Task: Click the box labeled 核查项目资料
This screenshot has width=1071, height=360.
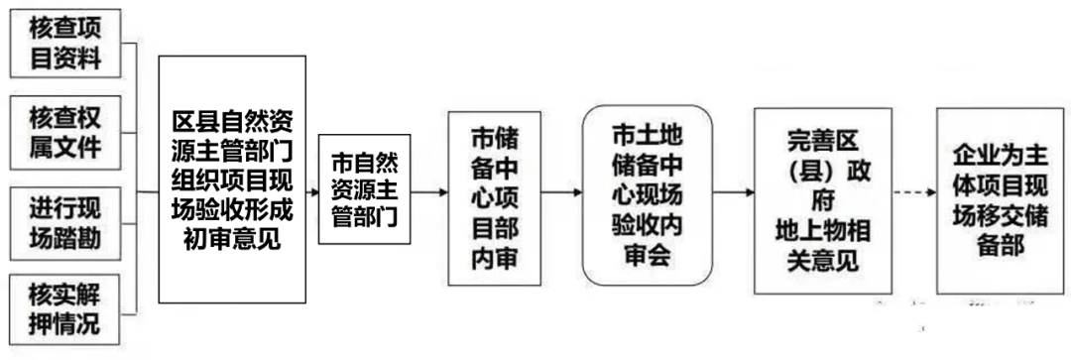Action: [x=65, y=44]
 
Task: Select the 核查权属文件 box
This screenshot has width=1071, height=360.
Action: [x=65, y=131]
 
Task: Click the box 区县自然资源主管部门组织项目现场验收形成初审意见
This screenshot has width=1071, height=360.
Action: [x=231, y=180]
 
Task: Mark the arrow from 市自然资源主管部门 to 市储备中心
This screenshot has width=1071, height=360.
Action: [x=428, y=192]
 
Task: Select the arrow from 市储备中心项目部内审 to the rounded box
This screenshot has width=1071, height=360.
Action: [x=561, y=192]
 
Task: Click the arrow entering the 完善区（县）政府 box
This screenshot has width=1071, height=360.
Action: [x=733, y=192]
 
